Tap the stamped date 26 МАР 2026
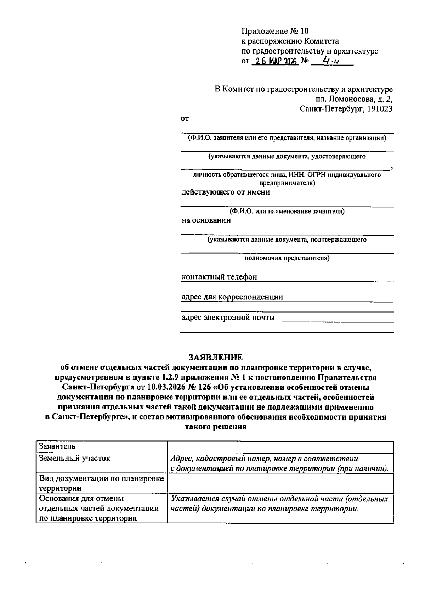(x=275, y=61)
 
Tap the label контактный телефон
(x=219, y=277)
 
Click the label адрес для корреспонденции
(x=232, y=297)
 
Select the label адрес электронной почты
(x=228, y=317)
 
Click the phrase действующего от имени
(x=226, y=192)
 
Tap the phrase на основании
(x=206, y=220)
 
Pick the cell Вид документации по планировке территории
(x=101, y=483)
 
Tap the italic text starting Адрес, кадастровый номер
(x=280, y=464)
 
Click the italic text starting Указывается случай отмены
(x=280, y=504)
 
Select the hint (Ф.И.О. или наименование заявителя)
(x=287, y=212)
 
